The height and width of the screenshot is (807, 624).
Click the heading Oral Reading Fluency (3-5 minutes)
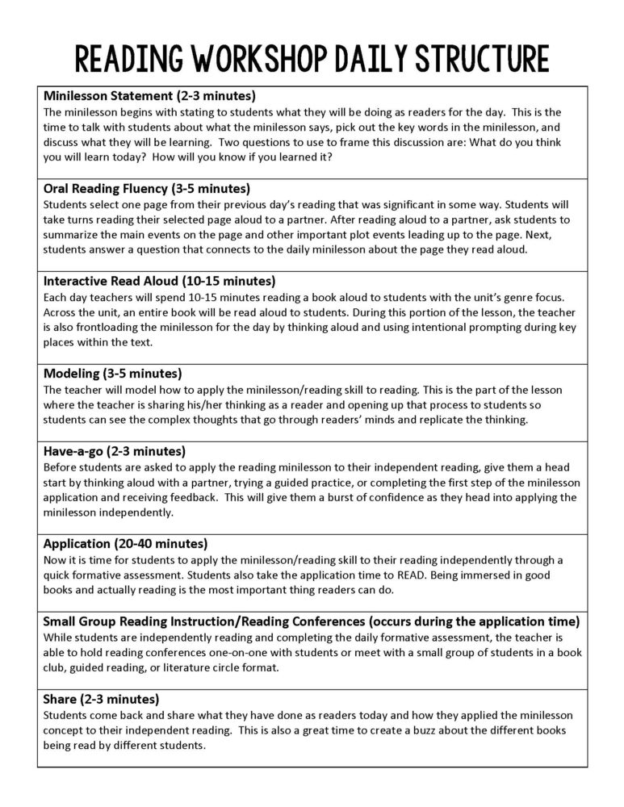click(x=146, y=189)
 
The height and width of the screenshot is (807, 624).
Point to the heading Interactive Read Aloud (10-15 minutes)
click(x=159, y=281)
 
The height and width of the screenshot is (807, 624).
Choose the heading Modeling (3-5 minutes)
click(x=112, y=374)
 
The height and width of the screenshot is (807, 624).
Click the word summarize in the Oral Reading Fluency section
click(x=71, y=235)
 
